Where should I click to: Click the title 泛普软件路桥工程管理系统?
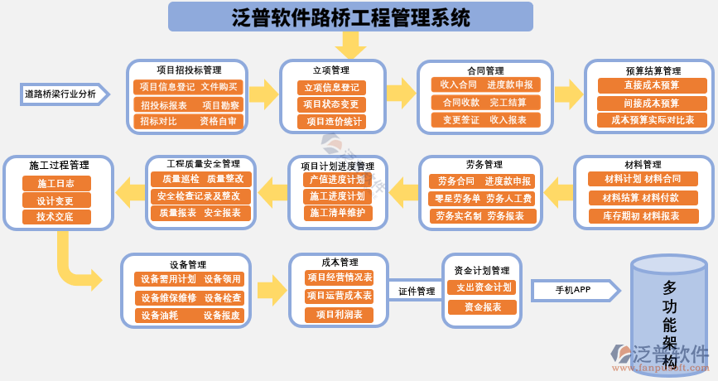tap(350, 17)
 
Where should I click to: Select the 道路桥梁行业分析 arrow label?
tap(60, 94)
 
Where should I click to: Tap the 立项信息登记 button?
tap(331, 87)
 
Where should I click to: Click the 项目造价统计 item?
tap(331, 121)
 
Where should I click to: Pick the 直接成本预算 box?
tap(652, 85)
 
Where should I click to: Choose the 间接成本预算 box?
tap(652, 103)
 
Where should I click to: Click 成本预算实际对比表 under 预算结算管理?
tap(652, 120)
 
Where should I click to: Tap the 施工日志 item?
tap(55, 183)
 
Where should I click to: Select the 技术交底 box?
tap(55, 217)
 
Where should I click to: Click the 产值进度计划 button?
tap(336, 179)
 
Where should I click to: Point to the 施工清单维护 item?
tap(336, 213)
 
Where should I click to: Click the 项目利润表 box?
tap(339, 315)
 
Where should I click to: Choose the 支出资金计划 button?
tap(480, 287)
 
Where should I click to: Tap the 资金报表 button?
tap(482, 307)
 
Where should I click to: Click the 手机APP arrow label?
tap(573, 290)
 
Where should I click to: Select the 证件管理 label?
tap(416, 292)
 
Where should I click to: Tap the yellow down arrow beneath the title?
tap(350, 45)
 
